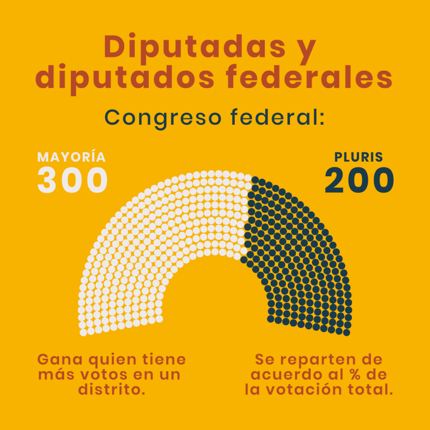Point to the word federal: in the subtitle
pyautogui.click(x=278, y=118)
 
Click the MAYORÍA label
pyautogui.click(x=71, y=157)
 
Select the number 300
pyautogui.click(x=73, y=181)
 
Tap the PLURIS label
pyautogui.click(x=359, y=157)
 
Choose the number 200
pyautogui.click(x=359, y=181)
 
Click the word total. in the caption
pyautogui.click(x=372, y=389)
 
